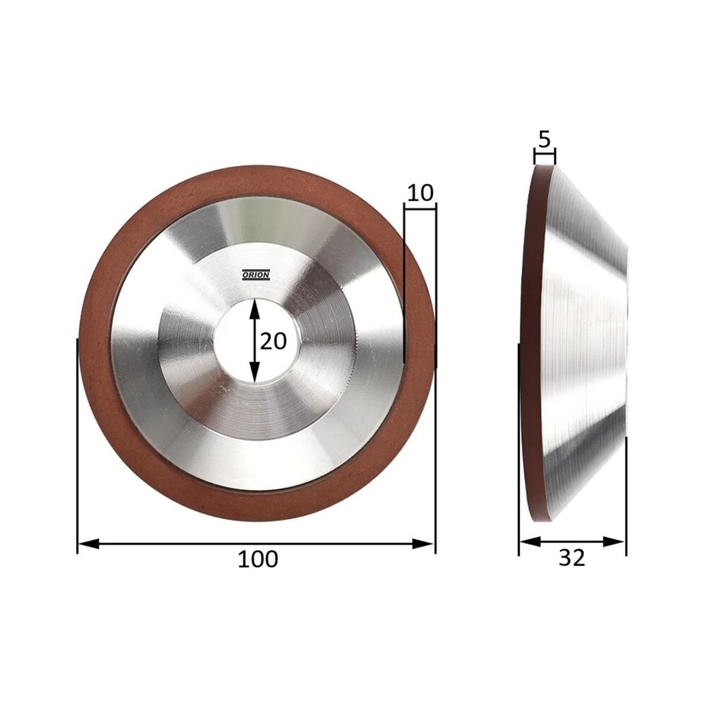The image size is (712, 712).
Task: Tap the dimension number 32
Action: click(572, 568)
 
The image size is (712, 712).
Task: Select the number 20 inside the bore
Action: click(274, 341)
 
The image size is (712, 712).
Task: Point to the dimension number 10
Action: click(420, 192)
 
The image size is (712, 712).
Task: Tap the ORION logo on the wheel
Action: click(256, 275)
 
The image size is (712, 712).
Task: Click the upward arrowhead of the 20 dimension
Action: click(253, 308)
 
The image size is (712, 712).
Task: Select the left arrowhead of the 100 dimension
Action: click(88, 543)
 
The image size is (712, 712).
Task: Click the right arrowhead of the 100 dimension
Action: click(422, 543)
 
